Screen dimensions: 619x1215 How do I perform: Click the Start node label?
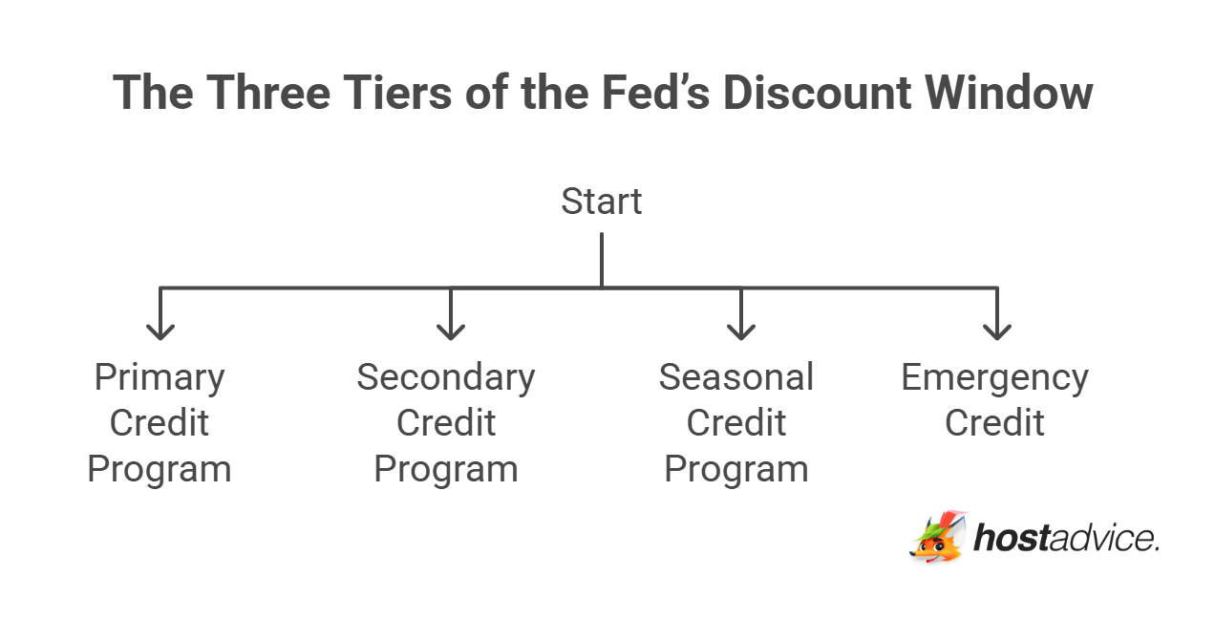pos(601,202)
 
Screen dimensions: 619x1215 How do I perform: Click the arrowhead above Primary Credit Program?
pos(160,329)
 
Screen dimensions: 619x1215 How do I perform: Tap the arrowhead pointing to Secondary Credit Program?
pos(450,329)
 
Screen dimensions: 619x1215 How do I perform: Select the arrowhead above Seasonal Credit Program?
pos(740,329)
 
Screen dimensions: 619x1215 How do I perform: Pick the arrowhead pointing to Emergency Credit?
pos(996,329)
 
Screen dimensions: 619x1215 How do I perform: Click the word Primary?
pos(160,377)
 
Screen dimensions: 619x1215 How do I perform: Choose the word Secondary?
pos(446,377)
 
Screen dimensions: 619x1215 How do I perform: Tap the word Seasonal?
pos(735,377)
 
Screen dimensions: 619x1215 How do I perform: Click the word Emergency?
pos(994,377)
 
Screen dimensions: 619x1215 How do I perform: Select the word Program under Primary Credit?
pos(160,469)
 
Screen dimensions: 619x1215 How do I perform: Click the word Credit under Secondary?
pos(446,423)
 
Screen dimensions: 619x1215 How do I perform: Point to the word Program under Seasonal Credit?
pos(735,469)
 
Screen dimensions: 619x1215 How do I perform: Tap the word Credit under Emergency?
pos(994,423)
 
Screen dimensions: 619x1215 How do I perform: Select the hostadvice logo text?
pos(1066,538)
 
